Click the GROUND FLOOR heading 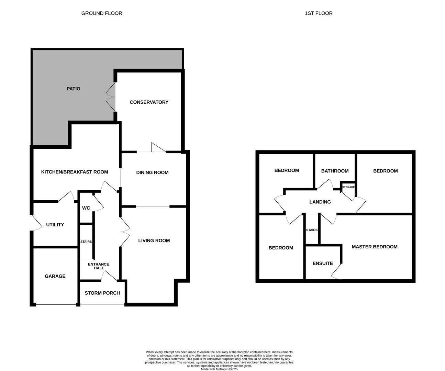tap(102, 13)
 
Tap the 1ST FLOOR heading tap(319, 13)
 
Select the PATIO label tap(73, 89)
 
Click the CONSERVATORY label tap(149, 102)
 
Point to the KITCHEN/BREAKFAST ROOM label tap(74, 172)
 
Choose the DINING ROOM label tap(152, 172)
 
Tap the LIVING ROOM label tap(154, 240)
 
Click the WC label tap(86, 208)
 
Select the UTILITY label tap(55, 224)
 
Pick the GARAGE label tap(55, 276)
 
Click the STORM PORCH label tap(102, 293)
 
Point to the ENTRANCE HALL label tap(99, 266)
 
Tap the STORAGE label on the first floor tap(348, 187)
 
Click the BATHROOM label tap(335, 171)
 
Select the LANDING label tap(320, 202)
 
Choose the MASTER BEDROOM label tap(375, 247)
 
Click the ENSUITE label tap(323, 263)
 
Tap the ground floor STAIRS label tap(86, 241)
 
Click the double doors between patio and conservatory tap(111, 97)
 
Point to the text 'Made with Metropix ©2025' tap(219, 369)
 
